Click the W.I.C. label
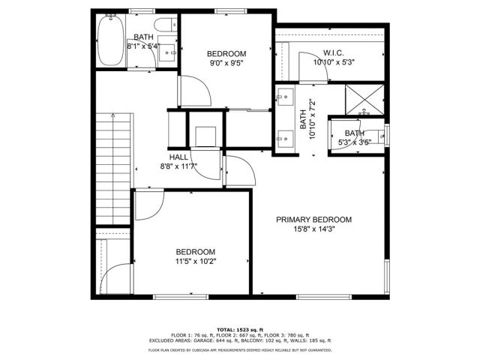click(x=334, y=52)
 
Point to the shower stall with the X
click(x=364, y=99)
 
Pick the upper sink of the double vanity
click(x=284, y=96)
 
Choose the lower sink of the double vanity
click(x=284, y=137)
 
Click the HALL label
click(x=178, y=157)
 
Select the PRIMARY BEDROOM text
click(x=313, y=220)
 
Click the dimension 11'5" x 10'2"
click(x=196, y=262)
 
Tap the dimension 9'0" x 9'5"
click(x=226, y=64)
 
